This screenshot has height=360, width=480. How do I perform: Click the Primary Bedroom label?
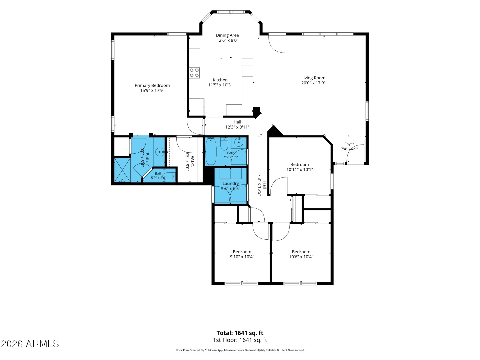point(152,85)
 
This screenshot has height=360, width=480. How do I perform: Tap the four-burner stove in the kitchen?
point(194,73)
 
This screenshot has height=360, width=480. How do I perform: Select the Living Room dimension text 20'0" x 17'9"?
point(313,83)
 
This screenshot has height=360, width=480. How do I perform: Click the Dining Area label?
point(227,35)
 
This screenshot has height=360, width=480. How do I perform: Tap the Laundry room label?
point(231,183)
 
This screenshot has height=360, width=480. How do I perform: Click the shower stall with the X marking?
point(122,170)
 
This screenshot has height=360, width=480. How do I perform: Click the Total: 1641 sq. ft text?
point(240,333)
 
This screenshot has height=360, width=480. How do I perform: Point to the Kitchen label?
point(220,80)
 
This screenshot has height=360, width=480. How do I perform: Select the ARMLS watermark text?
point(30,344)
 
